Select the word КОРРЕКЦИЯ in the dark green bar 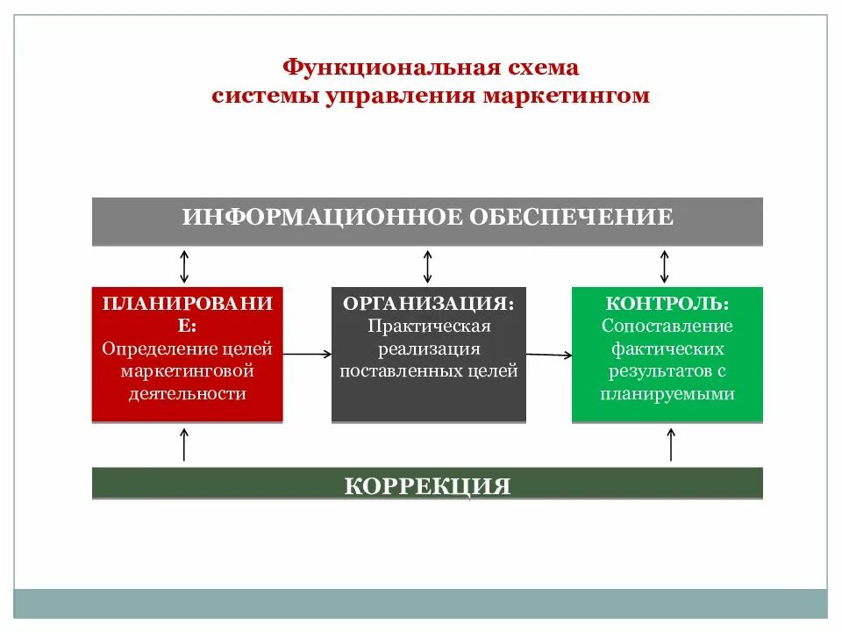point(427,485)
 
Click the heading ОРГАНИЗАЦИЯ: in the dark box point(428,304)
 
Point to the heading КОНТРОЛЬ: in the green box point(667,303)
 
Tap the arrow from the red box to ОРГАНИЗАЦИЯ point(308,354)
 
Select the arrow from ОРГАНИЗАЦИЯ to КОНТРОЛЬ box point(549,355)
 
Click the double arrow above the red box point(184,265)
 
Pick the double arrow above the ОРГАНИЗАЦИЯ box point(428,265)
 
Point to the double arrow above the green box point(665,265)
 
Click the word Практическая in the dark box point(428,326)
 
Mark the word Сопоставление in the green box point(667,326)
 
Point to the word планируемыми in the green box point(667,393)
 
